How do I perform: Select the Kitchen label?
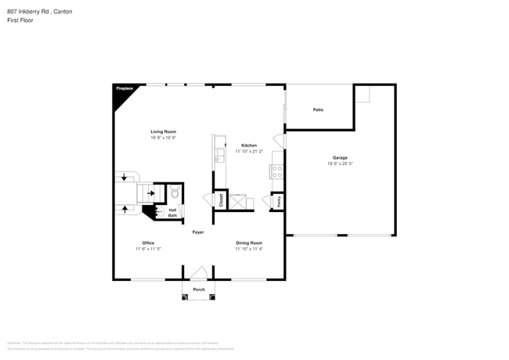click(249, 146)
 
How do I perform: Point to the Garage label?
click(340, 158)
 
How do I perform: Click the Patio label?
click(319, 110)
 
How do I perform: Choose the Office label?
click(148, 243)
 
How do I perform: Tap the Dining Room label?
click(249, 243)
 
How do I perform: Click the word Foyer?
click(199, 232)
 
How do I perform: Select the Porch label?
click(199, 289)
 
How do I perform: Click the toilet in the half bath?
click(174, 192)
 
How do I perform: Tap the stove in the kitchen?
click(277, 171)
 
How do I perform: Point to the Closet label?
click(221, 200)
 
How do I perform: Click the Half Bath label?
click(172, 212)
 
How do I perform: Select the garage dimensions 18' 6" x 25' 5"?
click(340, 164)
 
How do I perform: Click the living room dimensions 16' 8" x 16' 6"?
click(164, 138)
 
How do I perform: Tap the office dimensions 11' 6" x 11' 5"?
click(148, 249)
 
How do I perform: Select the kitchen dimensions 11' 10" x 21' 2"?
click(249, 152)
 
